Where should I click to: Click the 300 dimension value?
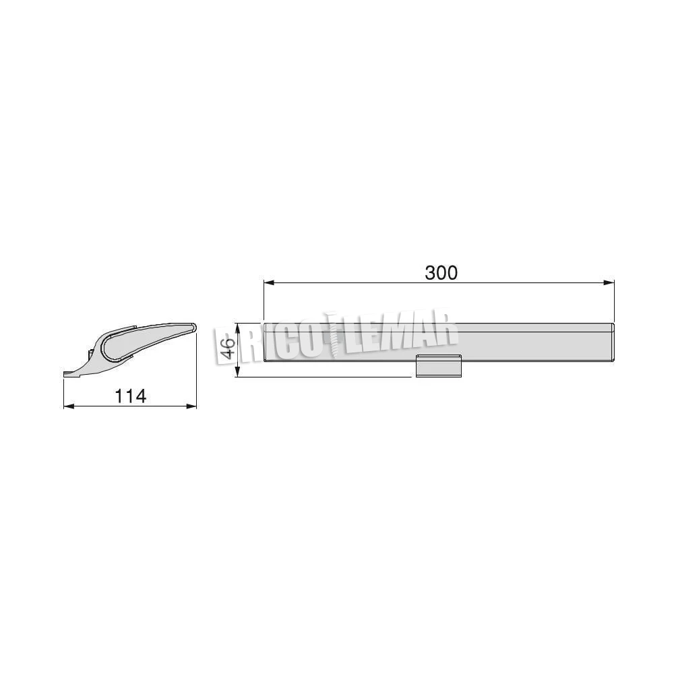coord(441,273)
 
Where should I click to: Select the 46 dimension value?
coord(228,348)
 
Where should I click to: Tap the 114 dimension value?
coord(131,396)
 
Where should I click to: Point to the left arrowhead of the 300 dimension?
coord(269,283)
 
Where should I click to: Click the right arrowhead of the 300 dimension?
coord(609,283)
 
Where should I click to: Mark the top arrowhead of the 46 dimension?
coord(237,328)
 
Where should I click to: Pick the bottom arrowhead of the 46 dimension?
coord(237,372)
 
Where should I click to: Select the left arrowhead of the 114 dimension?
coord(69,406)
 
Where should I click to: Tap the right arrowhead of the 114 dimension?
coord(191,406)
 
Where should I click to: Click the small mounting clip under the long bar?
coord(439,366)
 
